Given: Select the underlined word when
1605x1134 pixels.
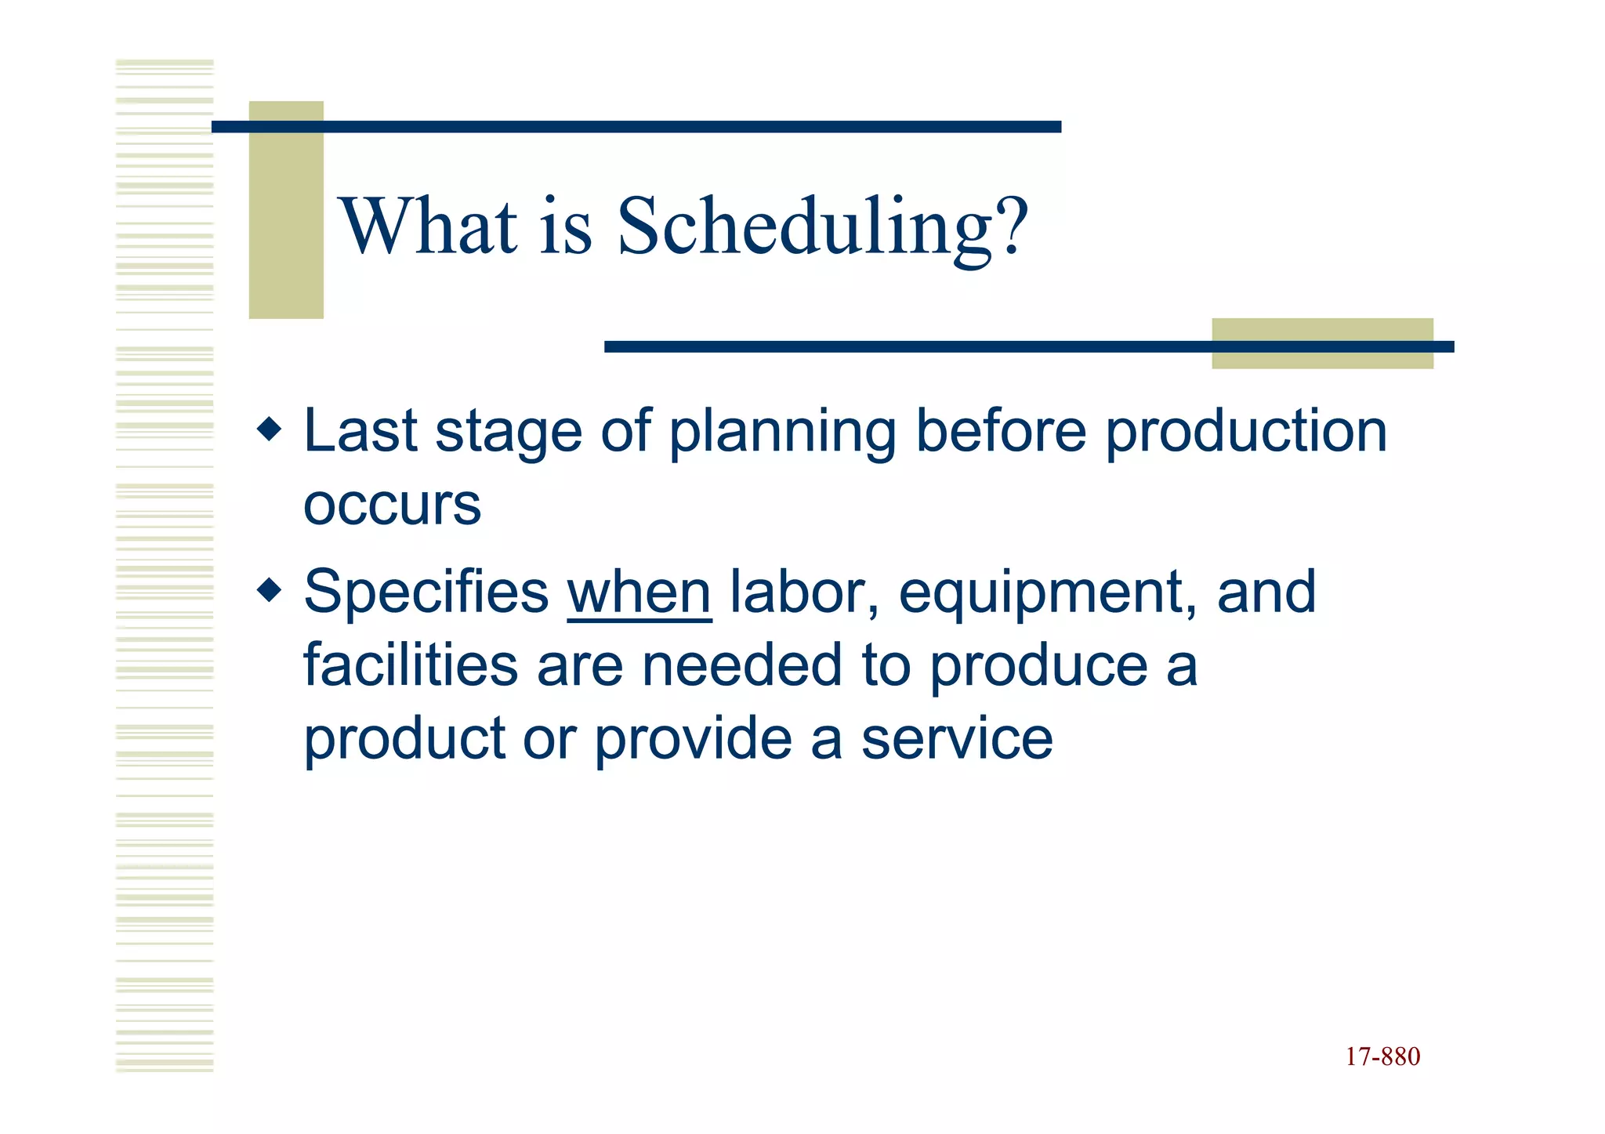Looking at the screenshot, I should (x=639, y=592).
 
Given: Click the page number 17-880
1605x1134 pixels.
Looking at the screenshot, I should (x=1382, y=1056).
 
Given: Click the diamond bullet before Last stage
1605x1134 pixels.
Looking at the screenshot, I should (x=269, y=429).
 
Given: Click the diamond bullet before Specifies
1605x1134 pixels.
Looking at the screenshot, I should (x=269, y=590).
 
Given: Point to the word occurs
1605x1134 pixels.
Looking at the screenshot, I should (x=392, y=505).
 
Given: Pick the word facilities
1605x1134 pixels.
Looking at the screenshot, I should (x=411, y=665).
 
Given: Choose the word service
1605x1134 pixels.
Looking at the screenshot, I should (x=957, y=739).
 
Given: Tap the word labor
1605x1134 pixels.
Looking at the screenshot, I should (x=803, y=592).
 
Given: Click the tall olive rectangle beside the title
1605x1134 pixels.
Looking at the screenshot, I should (x=286, y=210).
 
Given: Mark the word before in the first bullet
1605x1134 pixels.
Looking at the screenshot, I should (x=1001, y=431).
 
